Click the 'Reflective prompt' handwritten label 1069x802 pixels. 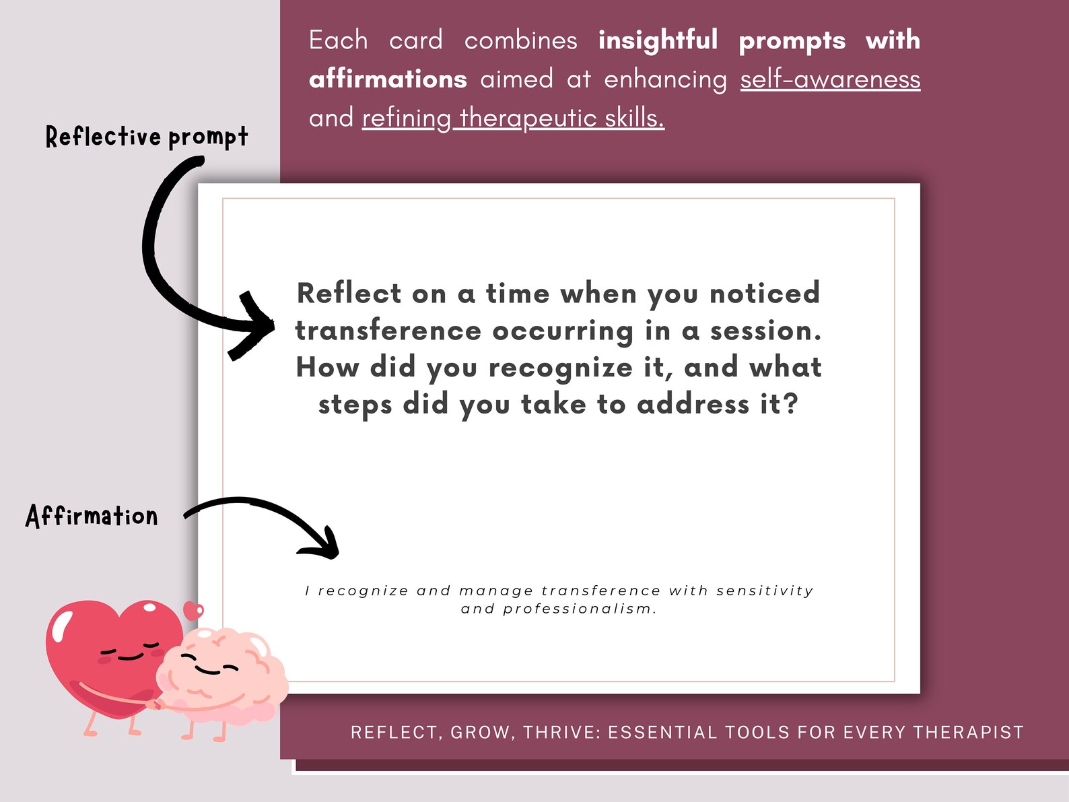[147, 137]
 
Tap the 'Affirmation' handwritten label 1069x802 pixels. [92, 516]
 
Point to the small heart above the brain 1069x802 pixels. [194, 611]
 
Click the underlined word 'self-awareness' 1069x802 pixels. [830, 79]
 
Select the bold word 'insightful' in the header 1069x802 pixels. [658, 40]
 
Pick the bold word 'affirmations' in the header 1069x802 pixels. [388, 79]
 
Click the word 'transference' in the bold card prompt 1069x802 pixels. [388, 331]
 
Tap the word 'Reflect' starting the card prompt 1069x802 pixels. [349, 294]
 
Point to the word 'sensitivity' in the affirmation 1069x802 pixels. [765, 591]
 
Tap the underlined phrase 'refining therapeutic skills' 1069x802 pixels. [513, 119]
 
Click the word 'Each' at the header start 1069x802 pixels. [338, 40]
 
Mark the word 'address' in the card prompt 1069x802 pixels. [693, 405]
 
